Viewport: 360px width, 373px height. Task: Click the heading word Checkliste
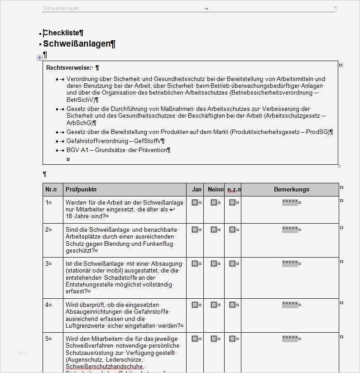click(62, 33)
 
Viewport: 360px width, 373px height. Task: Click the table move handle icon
click(39, 57)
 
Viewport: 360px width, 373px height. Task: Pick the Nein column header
click(215, 190)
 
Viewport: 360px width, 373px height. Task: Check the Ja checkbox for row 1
click(195, 202)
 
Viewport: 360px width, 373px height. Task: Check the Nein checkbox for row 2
click(214, 230)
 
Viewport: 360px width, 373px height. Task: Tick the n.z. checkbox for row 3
click(232, 263)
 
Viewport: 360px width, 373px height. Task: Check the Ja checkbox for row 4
click(195, 305)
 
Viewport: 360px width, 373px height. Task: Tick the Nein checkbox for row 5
click(214, 338)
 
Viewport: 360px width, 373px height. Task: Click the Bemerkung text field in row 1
click(290, 202)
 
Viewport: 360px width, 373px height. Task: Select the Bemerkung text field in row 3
click(290, 263)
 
